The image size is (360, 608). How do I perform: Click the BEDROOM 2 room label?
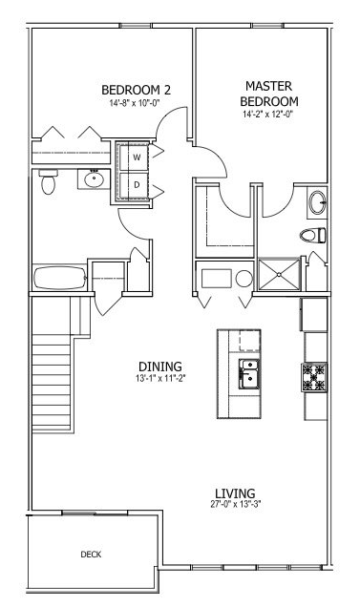click(136, 90)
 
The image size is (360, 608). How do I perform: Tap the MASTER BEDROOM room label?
click(269, 94)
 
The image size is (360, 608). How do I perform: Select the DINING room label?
click(160, 367)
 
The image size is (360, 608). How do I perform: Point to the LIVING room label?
click(236, 493)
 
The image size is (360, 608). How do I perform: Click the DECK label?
click(91, 555)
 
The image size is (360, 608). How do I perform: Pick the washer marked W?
click(135, 157)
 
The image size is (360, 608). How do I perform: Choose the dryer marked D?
click(135, 185)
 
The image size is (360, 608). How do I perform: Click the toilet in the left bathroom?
click(49, 182)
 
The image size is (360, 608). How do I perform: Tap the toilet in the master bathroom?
click(312, 235)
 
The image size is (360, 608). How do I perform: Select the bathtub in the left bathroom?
click(60, 278)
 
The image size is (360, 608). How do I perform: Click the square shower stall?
click(279, 275)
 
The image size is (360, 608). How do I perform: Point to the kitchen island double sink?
click(248, 374)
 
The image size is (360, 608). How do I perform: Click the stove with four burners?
click(314, 377)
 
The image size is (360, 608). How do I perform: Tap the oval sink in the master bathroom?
click(317, 202)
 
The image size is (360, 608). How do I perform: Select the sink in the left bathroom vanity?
click(94, 179)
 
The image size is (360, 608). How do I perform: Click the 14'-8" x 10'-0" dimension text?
click(135, 103)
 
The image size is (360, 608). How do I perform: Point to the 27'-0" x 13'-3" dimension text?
click(236, 505)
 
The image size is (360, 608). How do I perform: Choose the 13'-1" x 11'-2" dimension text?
click(161, 378)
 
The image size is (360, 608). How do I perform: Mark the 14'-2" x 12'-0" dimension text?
click(267, 114)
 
